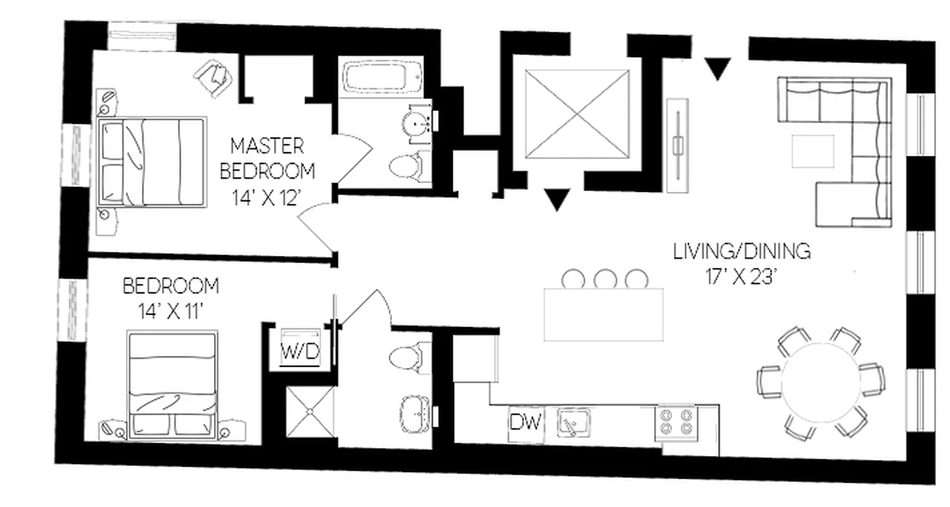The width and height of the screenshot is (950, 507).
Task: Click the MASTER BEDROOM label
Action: (266, 158)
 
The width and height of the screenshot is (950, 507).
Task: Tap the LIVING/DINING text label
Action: (742, 252)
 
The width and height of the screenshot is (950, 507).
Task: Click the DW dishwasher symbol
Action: (526, 422)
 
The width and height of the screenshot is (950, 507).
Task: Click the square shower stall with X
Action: (310, 411)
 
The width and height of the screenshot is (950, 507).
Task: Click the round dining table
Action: (821, 383)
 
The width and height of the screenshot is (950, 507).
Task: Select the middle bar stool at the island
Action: (605, 278)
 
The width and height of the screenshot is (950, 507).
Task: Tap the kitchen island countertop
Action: (603, 315)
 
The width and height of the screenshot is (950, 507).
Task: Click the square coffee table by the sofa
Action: (813, 151)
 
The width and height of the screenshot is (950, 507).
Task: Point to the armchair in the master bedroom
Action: (213, 78)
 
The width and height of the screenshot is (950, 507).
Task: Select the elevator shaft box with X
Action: (578, 114)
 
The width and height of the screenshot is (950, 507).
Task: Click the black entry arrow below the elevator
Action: (557, 200)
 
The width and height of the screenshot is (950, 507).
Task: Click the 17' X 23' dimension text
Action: (742, 277)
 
